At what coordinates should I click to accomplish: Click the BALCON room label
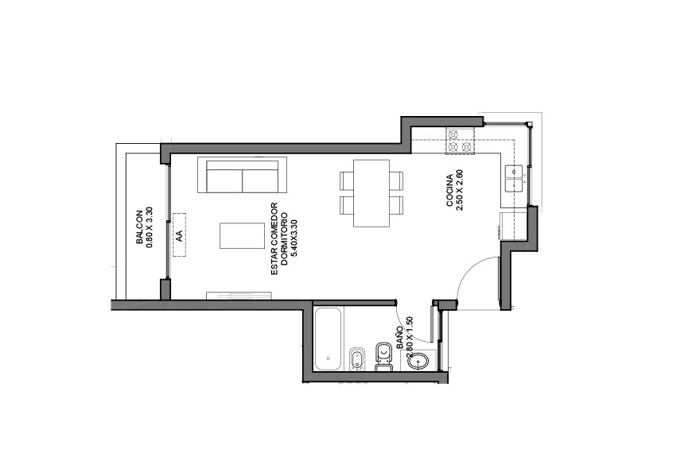click(139, 227)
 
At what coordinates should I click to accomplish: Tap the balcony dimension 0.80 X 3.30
click(149, 227)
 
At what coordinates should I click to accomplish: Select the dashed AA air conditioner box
click(179, 234)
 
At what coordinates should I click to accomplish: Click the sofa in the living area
click(243, 175)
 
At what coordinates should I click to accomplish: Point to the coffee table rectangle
click(243, 235)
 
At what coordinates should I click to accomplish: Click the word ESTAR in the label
click(274, 264)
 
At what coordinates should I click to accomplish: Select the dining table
click(371, 193)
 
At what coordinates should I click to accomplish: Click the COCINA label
click(449, 191)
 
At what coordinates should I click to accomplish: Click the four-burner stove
click(460, 141)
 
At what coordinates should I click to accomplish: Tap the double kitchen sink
click(514, 178)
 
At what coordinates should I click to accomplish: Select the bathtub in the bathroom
click(328, 339)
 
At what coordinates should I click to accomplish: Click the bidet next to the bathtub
click(356, 359)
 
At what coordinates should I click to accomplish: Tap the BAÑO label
click(399, 338)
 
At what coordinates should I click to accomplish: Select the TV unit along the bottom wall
click(239, 296)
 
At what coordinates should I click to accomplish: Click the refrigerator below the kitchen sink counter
click(513, 226)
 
